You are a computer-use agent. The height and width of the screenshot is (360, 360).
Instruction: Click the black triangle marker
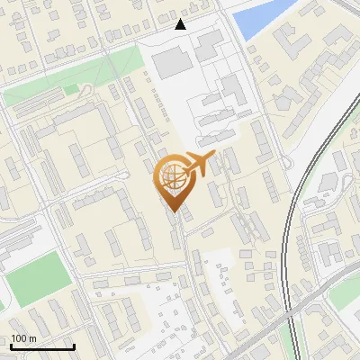pos(181,24)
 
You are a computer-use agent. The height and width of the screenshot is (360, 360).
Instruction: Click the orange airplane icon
pos(199,164)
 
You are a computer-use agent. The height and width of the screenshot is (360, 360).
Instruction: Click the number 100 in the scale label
pos(18,338)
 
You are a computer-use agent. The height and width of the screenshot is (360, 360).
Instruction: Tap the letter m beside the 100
pos(32,338)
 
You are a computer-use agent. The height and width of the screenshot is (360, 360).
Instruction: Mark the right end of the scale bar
pos(74,347)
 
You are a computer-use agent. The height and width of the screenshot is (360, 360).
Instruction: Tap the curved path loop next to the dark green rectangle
pos(83,91)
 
